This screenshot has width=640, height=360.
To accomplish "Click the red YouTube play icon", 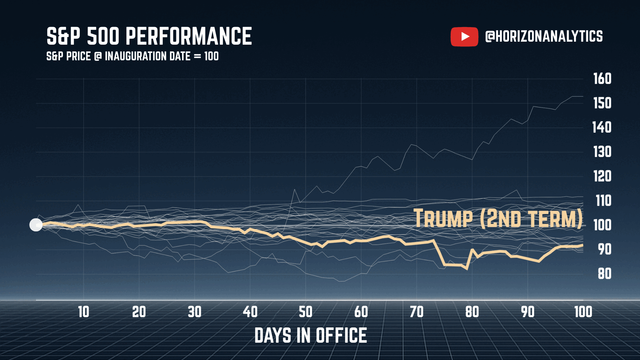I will (x=464, y=37).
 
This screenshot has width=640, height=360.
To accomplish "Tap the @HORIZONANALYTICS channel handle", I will (x=544, y=36).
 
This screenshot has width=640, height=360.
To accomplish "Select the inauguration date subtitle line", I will (x=132, y=56).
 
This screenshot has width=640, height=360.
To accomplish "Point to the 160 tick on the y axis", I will (x=602, y=79).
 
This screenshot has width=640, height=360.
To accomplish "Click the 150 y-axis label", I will (x=602, y=103).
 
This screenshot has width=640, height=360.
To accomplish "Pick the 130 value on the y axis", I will (x=602, y=152).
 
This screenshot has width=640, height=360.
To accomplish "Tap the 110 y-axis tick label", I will (x=603, y=201).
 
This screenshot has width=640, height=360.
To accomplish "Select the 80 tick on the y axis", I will (x=604, y=274).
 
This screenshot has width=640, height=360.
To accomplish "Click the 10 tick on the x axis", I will (x=84, y=312).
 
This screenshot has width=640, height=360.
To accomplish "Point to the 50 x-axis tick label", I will (x=305, y=312).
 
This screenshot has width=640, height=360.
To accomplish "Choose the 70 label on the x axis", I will (x=417, y=312).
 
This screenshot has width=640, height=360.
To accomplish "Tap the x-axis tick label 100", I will (x=583, y=312).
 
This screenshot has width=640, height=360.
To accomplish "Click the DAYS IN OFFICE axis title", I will (x=310, y=335).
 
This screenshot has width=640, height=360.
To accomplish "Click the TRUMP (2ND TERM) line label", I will (x=498, y=219).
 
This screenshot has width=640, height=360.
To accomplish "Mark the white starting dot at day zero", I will (x=36, y=225).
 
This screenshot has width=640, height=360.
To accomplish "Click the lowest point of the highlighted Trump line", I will (x=467, y=269).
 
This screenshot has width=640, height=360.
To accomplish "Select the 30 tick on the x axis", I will (x=195, y=312).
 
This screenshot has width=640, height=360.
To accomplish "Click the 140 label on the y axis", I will (x=602, y=127).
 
